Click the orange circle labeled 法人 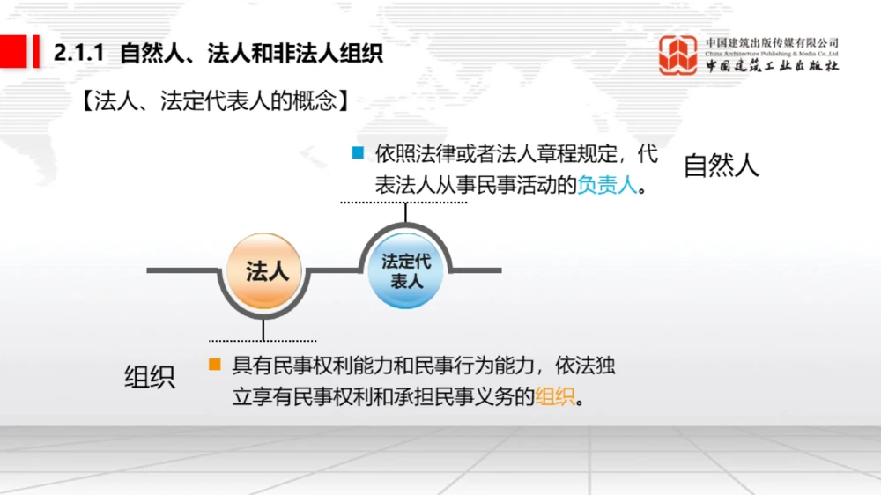pos(264,270)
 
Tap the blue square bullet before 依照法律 pos(357,152)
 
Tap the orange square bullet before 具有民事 pos(214,363)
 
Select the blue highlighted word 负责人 pos(607,186)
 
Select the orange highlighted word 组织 pos(555,396)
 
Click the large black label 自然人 pos(721,166)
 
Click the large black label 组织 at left pos(149,376)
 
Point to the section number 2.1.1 pos(79,54)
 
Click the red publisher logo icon pos(678,55)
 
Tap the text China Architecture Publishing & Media pos(772,53)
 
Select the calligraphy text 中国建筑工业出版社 pos(772,66)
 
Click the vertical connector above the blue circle pos(405,212)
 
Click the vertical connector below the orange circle pos(263,329)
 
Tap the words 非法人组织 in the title pos(338,54)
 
